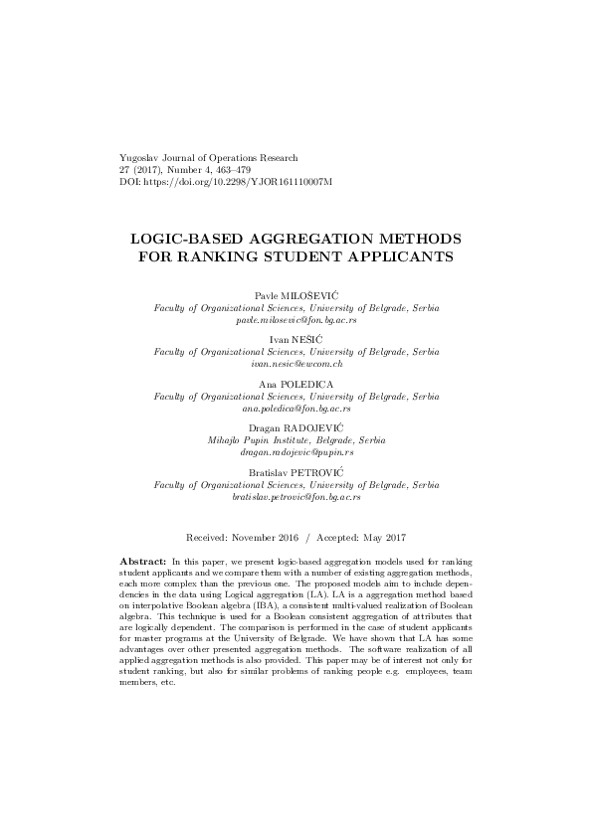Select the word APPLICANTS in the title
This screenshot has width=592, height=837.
click(x=393, y=257)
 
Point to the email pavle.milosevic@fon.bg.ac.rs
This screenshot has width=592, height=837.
click(x=296, y=321)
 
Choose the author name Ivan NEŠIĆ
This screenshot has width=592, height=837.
click(x=296, y=340)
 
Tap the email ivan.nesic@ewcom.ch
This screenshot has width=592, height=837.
click(x=296, y=364)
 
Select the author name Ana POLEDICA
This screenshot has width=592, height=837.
click(x=296, y=384)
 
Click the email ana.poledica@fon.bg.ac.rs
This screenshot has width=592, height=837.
click(x=296, y=408)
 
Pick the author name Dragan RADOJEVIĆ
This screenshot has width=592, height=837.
click(x=296, y=427)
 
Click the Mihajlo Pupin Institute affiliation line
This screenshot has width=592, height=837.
click(x=296, y=439)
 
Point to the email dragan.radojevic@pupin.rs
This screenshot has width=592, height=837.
click(x=296, y=451)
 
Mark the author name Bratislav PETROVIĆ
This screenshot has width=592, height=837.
click(x=296, y=471)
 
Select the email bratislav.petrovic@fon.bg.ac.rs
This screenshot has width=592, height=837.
click(x=296, y=495)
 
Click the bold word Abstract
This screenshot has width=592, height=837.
click(x=141, y=562)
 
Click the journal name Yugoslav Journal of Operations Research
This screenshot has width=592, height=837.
click(x=208, y=158)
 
